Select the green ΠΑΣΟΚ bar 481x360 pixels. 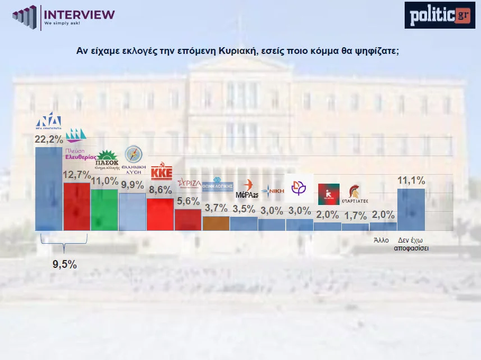(104, 209)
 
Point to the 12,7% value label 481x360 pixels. (76, 175)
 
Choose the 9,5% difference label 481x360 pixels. (65, 263)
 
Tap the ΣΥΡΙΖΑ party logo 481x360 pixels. (189, 183)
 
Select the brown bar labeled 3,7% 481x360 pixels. (216, 223)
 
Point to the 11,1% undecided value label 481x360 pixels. (411, 181)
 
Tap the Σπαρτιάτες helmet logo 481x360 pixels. (355, 194)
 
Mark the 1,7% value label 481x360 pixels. (355, 215)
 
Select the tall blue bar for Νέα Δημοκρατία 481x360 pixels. (49, 188)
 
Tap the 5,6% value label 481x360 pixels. (187, 201)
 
